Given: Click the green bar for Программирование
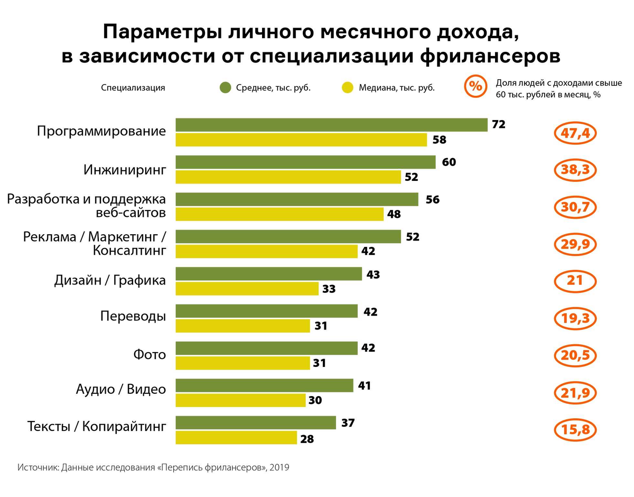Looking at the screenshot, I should (x=331, y=125).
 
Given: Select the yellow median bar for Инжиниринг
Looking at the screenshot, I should (x=288, y=177).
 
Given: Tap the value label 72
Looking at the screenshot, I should (x=498, y=125).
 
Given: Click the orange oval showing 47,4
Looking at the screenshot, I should (x=575, y=133).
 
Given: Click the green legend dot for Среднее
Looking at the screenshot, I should (x=226, y=88).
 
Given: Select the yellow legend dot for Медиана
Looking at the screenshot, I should (x=348, y=88).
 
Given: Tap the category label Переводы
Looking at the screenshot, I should (x=133, y=317).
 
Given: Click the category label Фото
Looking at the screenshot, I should (x=150, y=354).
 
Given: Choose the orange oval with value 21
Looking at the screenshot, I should (x=575, y=281).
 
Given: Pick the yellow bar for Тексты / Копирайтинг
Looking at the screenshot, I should (x=236, y=438).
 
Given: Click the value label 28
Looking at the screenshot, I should (x=306, y=439).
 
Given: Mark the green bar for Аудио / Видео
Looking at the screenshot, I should (x=264, y=385).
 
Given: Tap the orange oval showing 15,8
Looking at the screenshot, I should (x=575, y=430).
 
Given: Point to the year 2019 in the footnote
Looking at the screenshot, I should (x=280, y=468).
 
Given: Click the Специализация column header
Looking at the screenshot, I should (x=133, y=88).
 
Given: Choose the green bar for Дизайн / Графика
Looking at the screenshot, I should (x=268, y=274).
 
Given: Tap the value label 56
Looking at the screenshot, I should (x=432, y=200).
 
